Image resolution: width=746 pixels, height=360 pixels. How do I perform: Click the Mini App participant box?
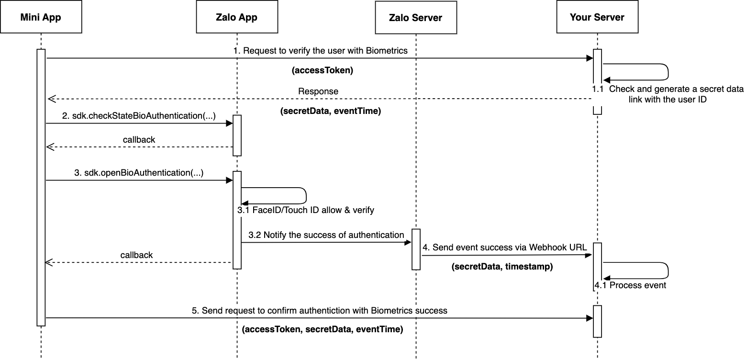41,18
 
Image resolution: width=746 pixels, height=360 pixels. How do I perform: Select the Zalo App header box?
236,18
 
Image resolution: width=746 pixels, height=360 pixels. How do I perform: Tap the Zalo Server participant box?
415,18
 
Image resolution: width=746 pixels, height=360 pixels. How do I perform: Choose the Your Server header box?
597,18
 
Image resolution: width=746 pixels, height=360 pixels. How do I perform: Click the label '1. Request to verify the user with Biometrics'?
320,51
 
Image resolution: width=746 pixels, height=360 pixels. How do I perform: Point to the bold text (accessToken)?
322,70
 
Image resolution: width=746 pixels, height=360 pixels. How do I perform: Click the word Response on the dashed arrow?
318,91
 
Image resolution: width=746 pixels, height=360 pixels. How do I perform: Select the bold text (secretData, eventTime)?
330,112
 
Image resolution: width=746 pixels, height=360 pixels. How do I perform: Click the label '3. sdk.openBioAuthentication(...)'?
139,173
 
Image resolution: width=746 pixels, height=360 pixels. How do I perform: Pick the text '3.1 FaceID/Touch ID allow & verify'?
306,210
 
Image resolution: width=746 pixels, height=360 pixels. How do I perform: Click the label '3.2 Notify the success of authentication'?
326,235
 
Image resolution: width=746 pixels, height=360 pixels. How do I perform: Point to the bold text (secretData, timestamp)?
502,267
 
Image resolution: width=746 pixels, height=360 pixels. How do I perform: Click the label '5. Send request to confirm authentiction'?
319,311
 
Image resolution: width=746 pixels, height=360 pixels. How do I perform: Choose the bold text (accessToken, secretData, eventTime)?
322,330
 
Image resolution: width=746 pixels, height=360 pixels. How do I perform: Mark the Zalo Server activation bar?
416,249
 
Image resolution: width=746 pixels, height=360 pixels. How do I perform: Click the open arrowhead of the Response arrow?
51,99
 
